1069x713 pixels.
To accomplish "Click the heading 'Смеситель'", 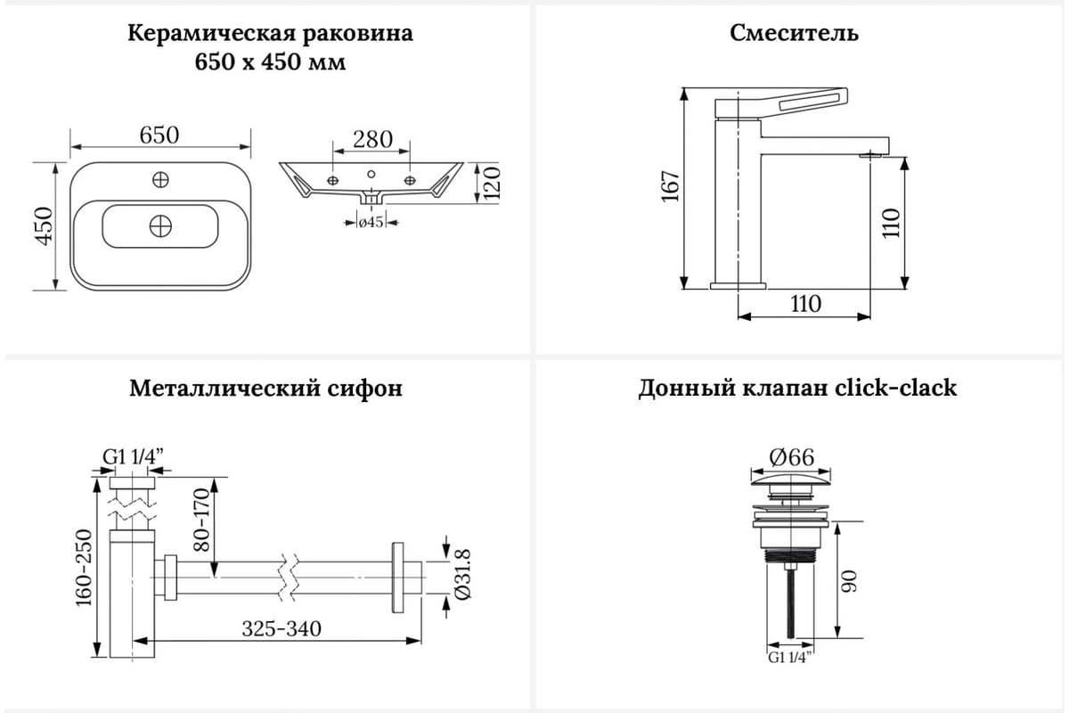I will click(x=794, y=34).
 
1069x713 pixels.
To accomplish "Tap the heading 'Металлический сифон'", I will click(x=265, y=389).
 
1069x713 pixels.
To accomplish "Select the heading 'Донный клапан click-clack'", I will click(x=797, y=389).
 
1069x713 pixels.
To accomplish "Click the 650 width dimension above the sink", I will click(x=159, y=135).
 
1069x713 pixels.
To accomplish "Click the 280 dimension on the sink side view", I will click(x=372, y=139).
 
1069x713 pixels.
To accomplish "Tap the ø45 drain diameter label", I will click(x=371, y=222).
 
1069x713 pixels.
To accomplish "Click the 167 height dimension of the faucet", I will click(x=671, y=186).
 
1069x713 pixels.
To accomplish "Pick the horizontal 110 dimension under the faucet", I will click(x=805, y=303).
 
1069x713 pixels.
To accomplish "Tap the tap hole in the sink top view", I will click(x=160, y=179).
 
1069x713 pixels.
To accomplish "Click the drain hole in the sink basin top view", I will click(x=160, y=225).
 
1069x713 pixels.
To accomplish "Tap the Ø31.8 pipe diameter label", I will click(x=461, y=578).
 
